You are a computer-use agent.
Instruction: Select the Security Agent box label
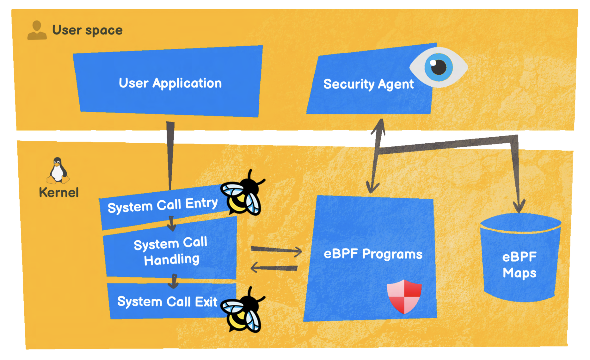pos(368,84)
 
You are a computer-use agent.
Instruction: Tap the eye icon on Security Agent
pos(439,67)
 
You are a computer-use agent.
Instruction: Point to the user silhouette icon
pos(37,30)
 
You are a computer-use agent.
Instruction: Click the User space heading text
pos(87,30)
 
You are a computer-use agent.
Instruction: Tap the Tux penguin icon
pos(58,171)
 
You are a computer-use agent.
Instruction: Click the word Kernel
pos(59,192)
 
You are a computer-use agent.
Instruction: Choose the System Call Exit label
pos(167,302)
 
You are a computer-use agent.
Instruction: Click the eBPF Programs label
pos(373,254)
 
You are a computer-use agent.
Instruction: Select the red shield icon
pos(404,296)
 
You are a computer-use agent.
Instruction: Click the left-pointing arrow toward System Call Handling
pos(274,268)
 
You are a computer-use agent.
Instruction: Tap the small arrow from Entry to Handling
pos(172,224)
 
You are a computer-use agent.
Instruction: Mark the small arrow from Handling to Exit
pos(173,281)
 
